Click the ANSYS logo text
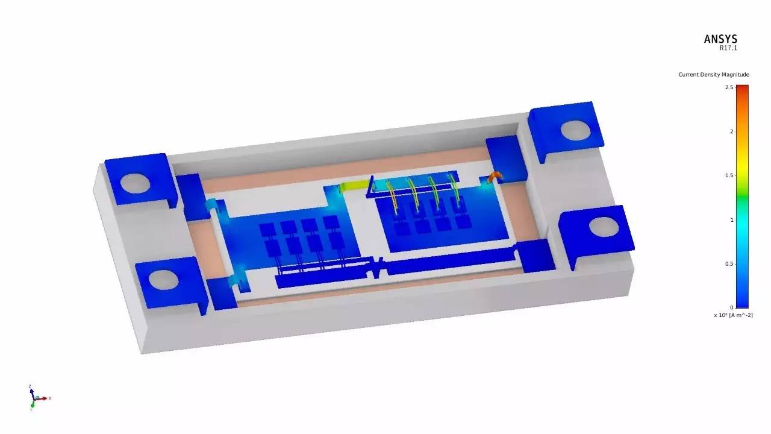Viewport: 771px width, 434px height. click(x=720, y=39)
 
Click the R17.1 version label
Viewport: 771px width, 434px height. click(x=728, y=48)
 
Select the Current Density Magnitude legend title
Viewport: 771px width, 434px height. click(x=714, y=74)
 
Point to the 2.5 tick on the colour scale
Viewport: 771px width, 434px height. click(x=729, y=87)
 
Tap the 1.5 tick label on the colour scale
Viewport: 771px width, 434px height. click(x=729, y=175)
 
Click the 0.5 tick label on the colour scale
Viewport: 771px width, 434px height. click(x=729, y=264)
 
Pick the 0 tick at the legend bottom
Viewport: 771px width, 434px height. click(x=731, y=307)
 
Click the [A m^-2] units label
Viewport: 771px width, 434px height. click(x=741, y=315)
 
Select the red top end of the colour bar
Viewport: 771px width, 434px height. click(x=743, y=88)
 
